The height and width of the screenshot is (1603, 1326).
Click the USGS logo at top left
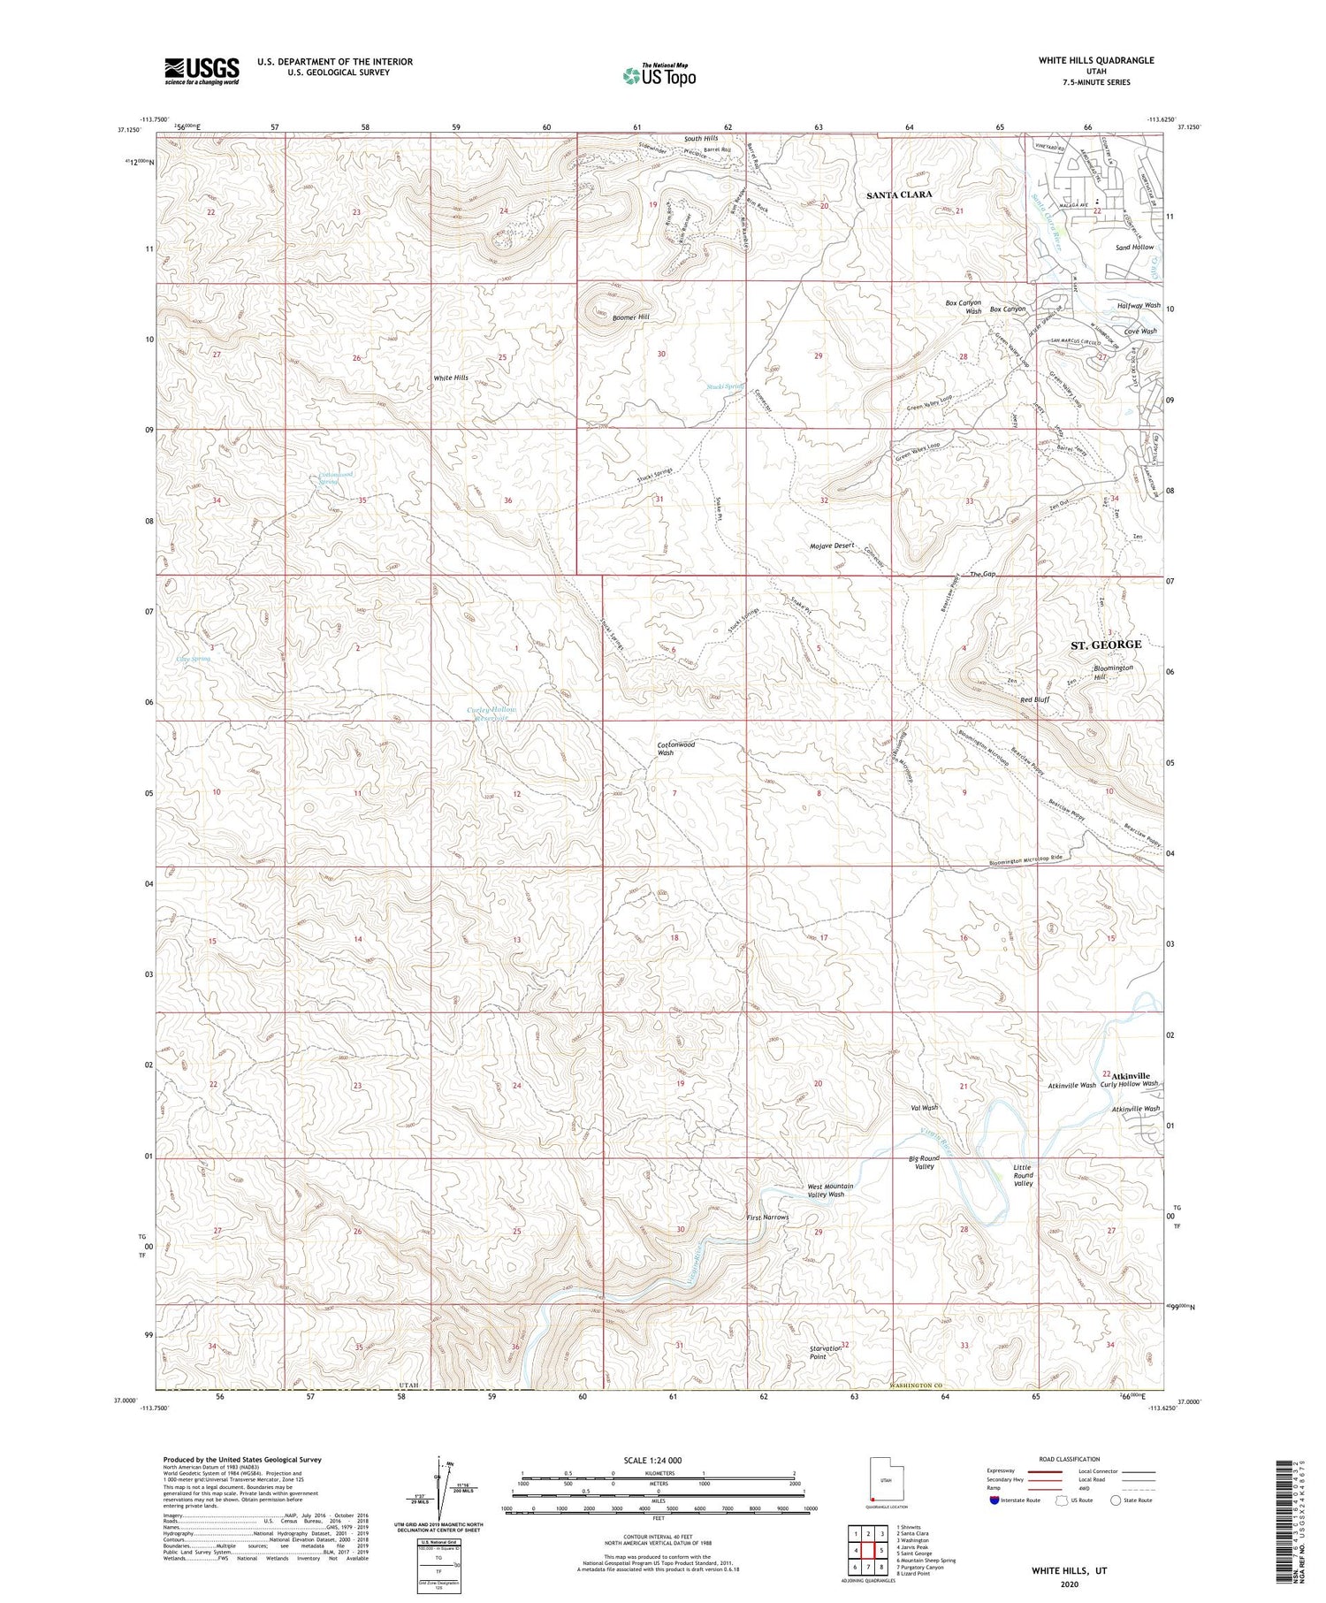[x=202, y=71]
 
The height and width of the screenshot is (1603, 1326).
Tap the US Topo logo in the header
[x=659, y=75]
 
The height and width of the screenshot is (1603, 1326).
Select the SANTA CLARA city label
[x=899, y=195]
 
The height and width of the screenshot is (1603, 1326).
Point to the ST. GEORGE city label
[x=1105, y=645]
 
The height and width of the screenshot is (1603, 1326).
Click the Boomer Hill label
[x=629, y=317]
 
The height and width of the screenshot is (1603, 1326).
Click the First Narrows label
[x=766, y=1218]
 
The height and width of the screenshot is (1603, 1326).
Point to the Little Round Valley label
[x=1023, y=1175]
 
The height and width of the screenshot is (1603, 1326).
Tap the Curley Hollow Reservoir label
[x=491, y=714]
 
